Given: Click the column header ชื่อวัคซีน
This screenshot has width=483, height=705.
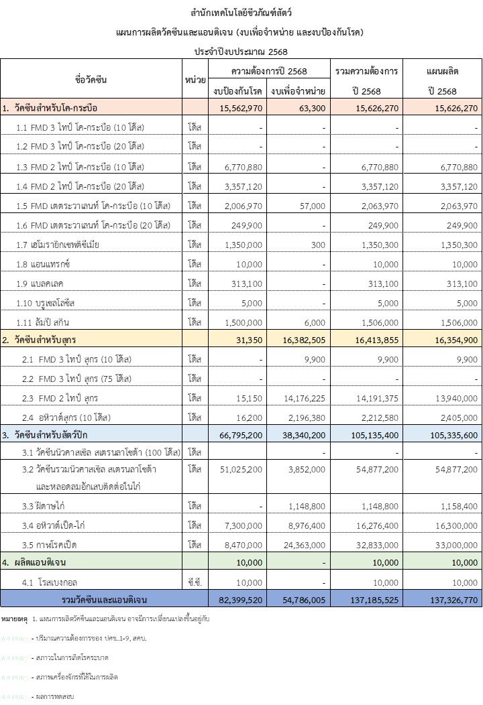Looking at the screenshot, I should click(91, 79).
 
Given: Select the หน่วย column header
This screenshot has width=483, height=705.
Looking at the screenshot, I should click(195, 79).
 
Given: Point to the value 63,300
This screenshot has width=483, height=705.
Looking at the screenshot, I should click(311, 107).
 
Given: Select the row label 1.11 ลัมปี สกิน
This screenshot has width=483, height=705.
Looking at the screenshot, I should click(50, 322).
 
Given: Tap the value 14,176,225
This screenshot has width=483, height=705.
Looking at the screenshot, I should click(301, 398).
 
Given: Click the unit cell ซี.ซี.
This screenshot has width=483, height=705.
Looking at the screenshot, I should click(195, 582).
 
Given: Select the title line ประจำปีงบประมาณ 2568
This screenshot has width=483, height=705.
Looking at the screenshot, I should click(241, 51).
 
